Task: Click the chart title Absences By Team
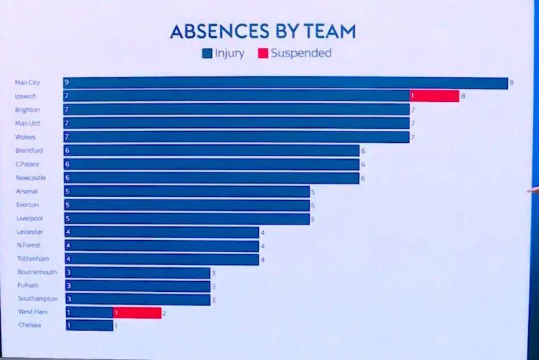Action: (x=262, y=32)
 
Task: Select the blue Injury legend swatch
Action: (x=207, y=53)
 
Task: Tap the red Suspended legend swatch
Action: (x=262, y=53)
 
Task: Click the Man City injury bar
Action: (x=285, y=83)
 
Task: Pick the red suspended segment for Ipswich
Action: (x=434, y=96)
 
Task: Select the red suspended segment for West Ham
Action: (x=137, y=313)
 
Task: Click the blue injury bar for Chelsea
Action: (x=88, y=326)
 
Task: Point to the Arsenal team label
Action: (x=27, y=191)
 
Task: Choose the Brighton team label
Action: (x=28, y=110)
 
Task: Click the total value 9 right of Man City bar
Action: (x=512, y=83)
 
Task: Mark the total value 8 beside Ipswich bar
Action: (x=463, y=96)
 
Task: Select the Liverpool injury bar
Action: (x=187, y=218)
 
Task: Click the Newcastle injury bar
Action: (x=211, y=178)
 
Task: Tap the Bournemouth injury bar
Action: (x=138, y=272)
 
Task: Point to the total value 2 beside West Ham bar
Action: (x=165, y=313)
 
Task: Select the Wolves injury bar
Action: (x=236, y=137)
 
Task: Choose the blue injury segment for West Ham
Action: (x=88, y=313)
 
